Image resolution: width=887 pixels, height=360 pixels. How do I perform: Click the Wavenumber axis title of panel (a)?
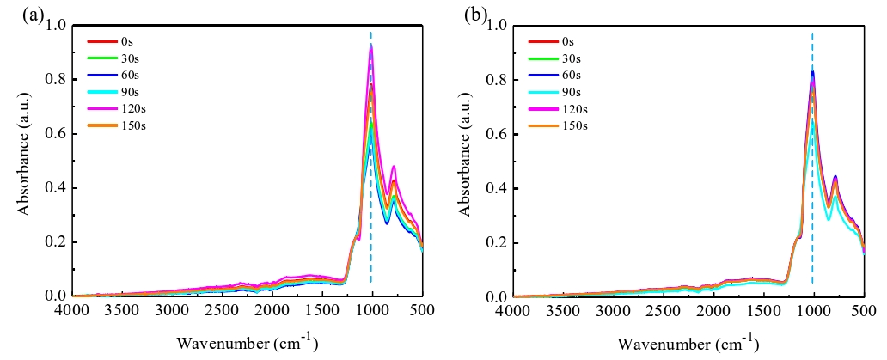(248, 343)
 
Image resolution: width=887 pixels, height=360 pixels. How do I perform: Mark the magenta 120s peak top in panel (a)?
(371, 46)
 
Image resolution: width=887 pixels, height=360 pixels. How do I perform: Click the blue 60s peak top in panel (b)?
(812, 71)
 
